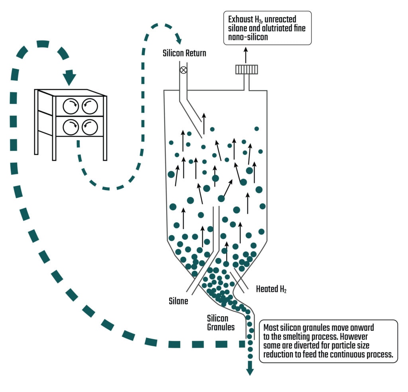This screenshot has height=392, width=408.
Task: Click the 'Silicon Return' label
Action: click(184, 53)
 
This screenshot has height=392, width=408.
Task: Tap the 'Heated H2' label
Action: click(271, 289)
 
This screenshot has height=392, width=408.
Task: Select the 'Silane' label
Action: click(178, 301)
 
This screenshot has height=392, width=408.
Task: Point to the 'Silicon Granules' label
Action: click(221, 323)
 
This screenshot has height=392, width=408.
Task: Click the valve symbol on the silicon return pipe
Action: click(183, 70)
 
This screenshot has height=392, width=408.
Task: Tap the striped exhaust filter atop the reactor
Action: click(247, 69)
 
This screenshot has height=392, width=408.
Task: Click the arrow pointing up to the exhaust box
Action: click(246, 55)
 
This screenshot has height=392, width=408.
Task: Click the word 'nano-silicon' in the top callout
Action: click(248, 37)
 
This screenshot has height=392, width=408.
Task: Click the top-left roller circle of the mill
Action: click(71, 106)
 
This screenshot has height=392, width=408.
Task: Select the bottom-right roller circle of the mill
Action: click(90, 127)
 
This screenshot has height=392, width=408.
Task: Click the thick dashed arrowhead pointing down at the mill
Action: click(69, 78)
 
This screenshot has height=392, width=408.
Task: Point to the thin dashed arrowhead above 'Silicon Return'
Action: click(178, 39)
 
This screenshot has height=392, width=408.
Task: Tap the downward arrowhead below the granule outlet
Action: click(250, 370)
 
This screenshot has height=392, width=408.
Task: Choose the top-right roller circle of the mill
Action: click(90, 106)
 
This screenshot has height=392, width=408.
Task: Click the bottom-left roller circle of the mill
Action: click(71, 127)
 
